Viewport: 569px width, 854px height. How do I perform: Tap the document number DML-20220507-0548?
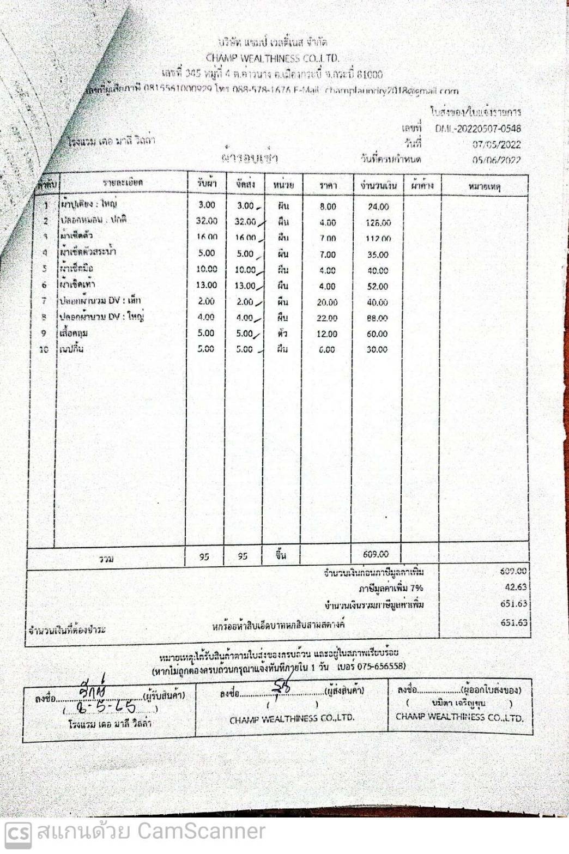pyautogui.click(x=477, y=129)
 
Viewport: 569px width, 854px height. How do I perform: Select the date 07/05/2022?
pyautogui.click(x=496, y=144)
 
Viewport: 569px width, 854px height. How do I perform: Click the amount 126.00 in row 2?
pyautogui.click(x=378, y=222)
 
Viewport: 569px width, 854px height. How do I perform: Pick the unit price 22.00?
pyautogui.click(x=327, y=318)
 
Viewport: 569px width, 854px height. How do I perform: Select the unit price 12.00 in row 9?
pyautogui.click(x=327, y=334)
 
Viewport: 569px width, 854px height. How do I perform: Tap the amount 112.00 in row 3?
pyautogui.click(x=378, y=239)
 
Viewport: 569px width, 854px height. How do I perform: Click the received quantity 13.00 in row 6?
pyautogui.click(x=207, y=285)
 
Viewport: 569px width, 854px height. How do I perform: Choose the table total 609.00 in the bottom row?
pyautogui.click(x=376, y=554)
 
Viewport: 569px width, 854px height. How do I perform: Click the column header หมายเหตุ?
pyautogui.click(x=485, y=187)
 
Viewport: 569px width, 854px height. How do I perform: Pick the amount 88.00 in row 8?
pyautogui.click(x=377, y=318)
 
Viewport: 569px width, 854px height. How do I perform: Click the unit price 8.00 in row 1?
pyautogui.click(x=328, y=207)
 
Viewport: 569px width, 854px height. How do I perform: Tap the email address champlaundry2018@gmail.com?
pyautogui.click(x=391, y=91)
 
